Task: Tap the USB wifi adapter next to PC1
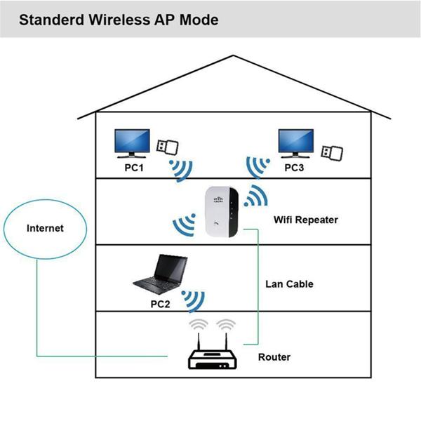coord(167,147)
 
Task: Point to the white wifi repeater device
coord(221,212)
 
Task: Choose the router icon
coord(213,359)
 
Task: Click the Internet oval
coord(45,228)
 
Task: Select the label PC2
coord(161,305)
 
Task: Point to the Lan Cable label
coord(289,284)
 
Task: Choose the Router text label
coord(274,357)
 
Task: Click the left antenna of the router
coord(200,340)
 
